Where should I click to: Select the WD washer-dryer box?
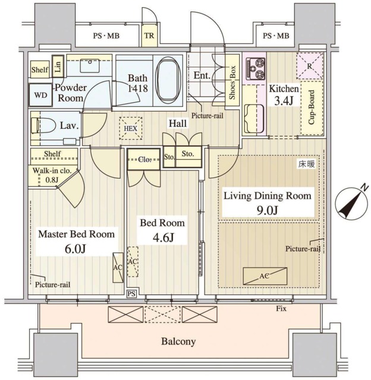(40, 95)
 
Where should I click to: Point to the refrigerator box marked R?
(310, 66)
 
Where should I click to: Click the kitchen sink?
(254, 119)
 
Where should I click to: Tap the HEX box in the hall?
(131, 128)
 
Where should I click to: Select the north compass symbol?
(351, 202)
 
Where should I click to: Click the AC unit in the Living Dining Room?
(265, 276)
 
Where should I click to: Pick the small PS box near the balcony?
(131, 294)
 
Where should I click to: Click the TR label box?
(149, 36)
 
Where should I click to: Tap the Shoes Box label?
(232, 83)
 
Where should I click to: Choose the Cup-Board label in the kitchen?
(312, 107)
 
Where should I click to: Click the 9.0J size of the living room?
(267, 210)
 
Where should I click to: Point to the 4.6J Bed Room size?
(163, 237)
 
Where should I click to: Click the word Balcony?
(178, 341)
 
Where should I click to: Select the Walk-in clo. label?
(52, 170)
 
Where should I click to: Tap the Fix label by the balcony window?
(281, 309)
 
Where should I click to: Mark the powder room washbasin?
(90, 65)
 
